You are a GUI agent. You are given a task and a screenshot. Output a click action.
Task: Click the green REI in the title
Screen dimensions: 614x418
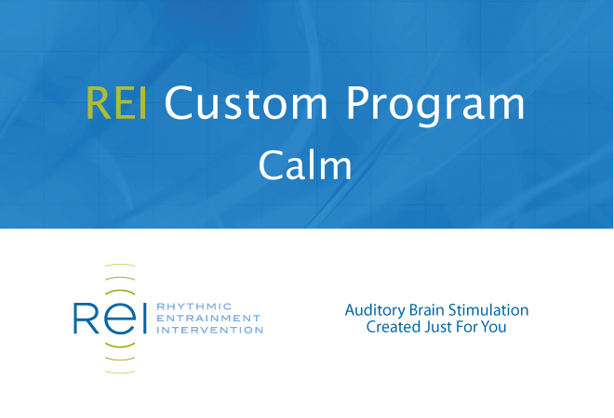(116, 103)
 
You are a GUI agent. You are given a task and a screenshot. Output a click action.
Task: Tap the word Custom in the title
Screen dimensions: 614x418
(246, 103)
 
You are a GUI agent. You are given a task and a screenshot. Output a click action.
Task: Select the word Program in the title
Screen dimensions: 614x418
(435, 106)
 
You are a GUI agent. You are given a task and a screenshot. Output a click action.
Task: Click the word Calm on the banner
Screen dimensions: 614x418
(305, 165)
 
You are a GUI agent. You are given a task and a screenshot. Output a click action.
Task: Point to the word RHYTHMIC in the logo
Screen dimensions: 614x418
(194, 307)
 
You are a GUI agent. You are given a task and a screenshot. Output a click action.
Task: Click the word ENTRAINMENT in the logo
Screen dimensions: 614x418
(208, 318)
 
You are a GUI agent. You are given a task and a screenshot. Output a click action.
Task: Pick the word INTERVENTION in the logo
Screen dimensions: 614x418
(209, 330)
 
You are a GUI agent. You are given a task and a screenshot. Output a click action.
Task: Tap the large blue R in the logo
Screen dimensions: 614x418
(86, 318)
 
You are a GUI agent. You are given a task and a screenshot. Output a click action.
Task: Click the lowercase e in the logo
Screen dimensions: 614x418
(120, 320)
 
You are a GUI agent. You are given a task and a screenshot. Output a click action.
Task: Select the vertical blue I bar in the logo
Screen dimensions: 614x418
(144, 318)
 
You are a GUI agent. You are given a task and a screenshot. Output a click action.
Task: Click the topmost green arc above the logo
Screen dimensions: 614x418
(120, 265)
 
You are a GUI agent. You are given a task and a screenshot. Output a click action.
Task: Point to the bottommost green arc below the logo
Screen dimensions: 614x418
(120, 372)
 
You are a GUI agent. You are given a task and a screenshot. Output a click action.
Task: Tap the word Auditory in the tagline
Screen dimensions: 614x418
(375, 311)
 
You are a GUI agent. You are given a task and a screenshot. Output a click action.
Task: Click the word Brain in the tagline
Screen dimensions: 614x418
(427, 310)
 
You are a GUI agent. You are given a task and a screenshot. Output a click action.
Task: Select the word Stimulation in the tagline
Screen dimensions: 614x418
(488, 310)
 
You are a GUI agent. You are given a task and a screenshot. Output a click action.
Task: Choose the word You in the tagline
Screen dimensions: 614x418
(493, 327)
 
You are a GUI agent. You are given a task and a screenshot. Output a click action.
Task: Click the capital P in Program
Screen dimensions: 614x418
(357, 103)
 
